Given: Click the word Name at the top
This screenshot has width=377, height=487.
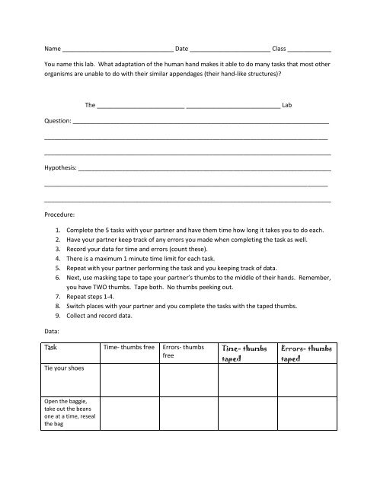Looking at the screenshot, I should pos(53,49).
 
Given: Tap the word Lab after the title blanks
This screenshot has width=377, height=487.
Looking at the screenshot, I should pos(287,104).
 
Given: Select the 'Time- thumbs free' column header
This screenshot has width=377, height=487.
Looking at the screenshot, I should pos(128,346).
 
